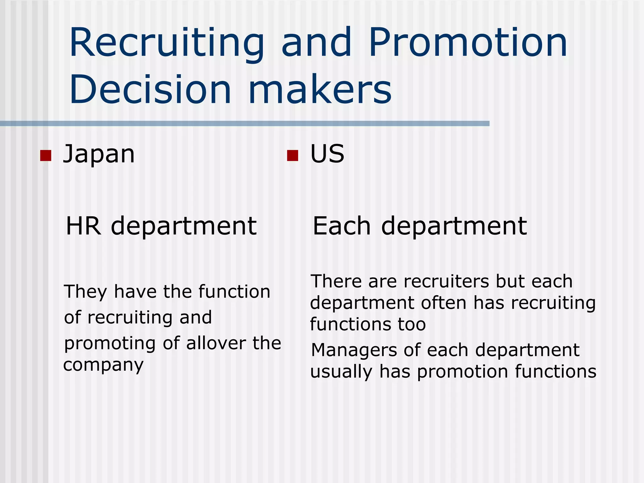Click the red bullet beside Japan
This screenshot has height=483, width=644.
click(46, 155)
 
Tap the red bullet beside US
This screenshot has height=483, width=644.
click(292, 155)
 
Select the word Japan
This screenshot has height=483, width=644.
click(99, 154)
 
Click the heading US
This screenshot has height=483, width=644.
click(327, 154)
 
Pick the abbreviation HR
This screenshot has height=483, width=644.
click(84, 226)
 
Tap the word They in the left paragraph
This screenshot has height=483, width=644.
click(86, 292)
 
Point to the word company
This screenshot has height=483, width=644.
click(103, 365)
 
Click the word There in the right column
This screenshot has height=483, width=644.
click(336, 281)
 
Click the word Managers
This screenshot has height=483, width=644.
click(354, 350)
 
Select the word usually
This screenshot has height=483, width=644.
click(341, 372)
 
